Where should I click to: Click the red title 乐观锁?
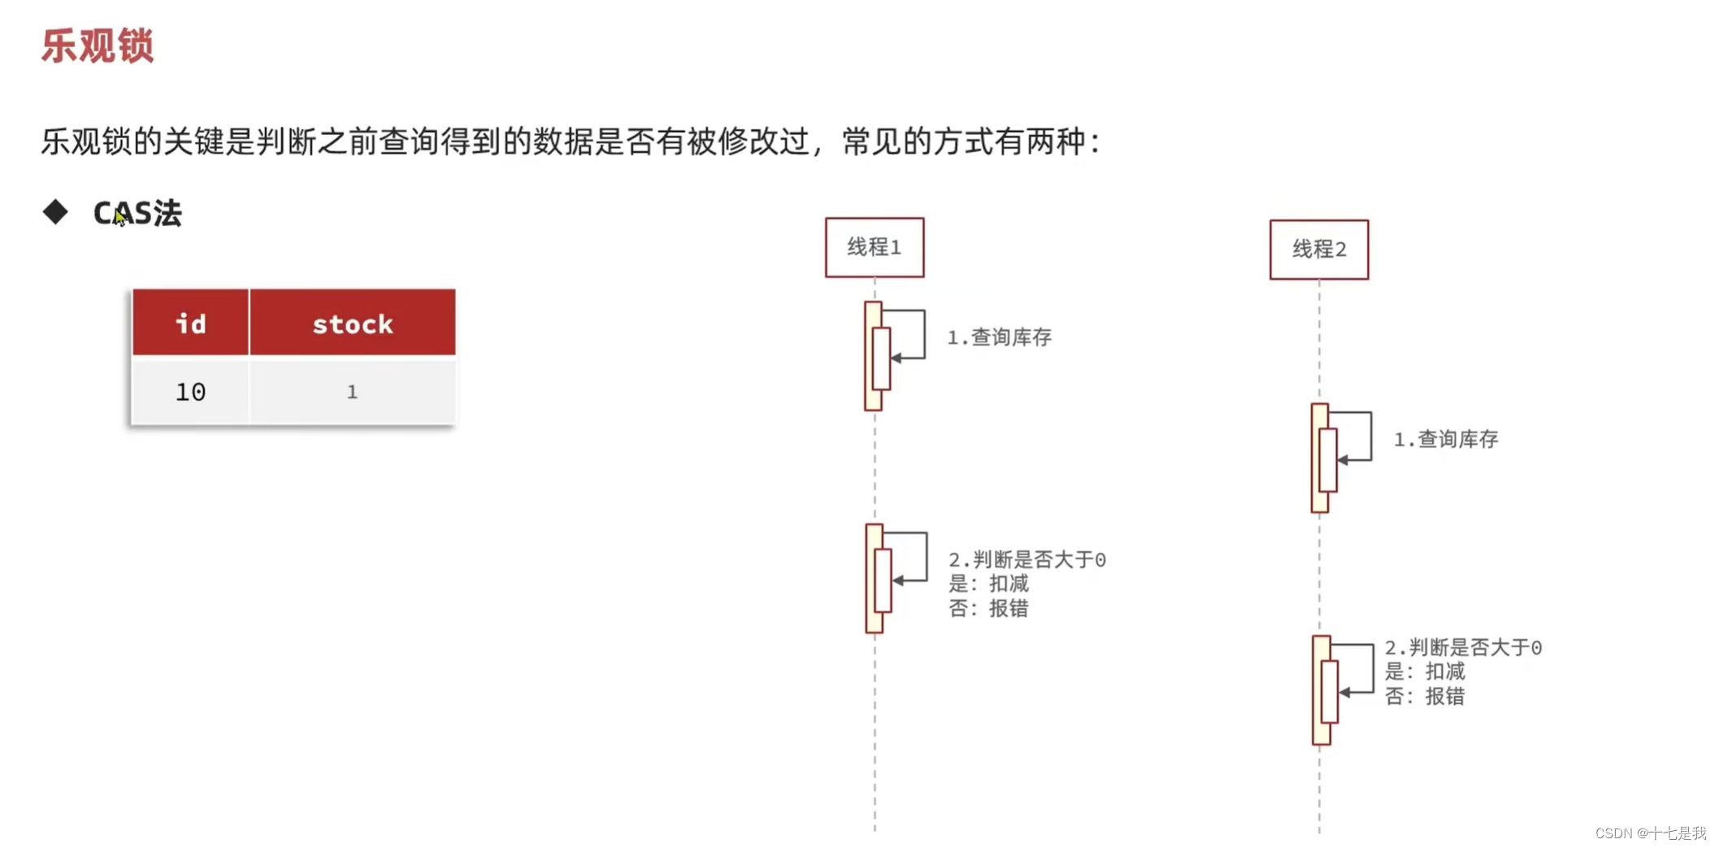[x=97, y=46]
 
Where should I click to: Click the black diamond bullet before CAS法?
[x=55, y=212]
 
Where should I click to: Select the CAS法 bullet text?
[x=137, y=213]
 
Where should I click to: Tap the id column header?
[x=190, y=324]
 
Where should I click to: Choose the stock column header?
[x=352, y=324]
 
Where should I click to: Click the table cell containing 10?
[x=190, y=392]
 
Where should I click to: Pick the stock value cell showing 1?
[x=352, y=392]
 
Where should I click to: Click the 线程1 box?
[x=874, y=247]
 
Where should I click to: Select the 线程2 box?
[x=1318, y=250]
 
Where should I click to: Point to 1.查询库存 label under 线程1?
[x=999, y=337]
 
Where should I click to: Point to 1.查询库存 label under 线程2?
[x=1445, y=440]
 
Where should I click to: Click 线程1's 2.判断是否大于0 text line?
[x=1027, y=559]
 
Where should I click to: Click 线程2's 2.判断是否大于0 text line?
[x=1463, y=647]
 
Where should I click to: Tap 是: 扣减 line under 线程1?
[x=988, y=584]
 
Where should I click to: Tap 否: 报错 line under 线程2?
[x=1424, y=696]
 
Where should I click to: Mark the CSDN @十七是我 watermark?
[x=1650, y=833]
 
